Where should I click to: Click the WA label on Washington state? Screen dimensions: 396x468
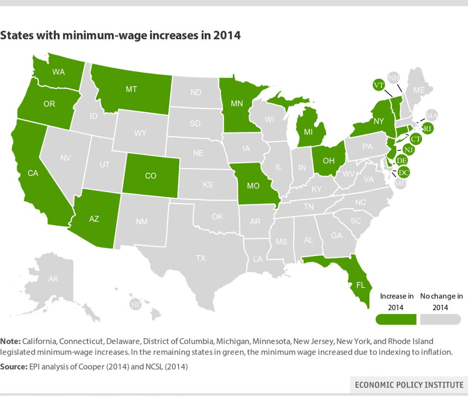[59, 73]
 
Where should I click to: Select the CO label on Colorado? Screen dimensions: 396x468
[150, 176]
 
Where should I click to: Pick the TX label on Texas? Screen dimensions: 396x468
[201, 258]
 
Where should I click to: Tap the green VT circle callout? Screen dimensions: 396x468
[379, 85]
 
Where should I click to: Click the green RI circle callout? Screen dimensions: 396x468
[428, 128]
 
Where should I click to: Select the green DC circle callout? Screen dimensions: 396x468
[404, 172]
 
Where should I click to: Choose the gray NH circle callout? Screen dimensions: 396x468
[394, 78]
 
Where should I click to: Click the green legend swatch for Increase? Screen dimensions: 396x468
[396, 319]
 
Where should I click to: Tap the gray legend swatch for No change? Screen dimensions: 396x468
[441, 319]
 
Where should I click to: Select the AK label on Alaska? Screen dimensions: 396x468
[53, 279]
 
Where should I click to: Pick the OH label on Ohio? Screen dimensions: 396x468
[329, 161]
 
